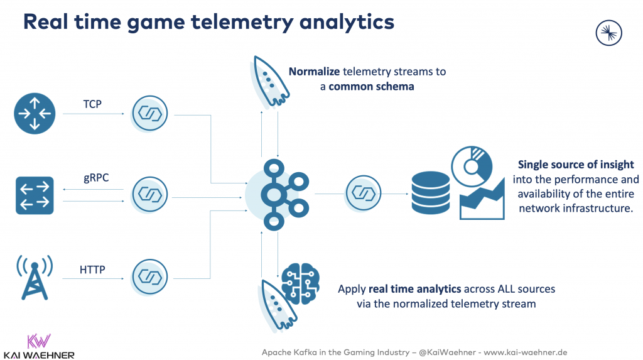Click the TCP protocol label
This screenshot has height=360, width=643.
click(93, 104)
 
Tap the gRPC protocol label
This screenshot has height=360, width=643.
click(95, 178)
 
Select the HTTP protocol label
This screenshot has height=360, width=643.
click(92, 270)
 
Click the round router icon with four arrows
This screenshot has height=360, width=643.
click(35, 114)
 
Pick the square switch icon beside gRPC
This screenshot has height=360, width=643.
click(35, 195)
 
